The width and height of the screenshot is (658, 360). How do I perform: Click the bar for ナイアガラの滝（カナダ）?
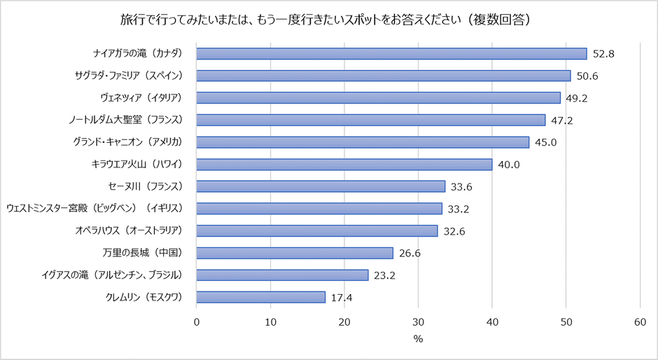click(x=391, y=53)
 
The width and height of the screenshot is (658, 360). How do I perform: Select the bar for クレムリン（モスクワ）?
click(x=261, y=297)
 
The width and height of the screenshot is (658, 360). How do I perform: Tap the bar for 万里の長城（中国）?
click(x=295, y=253)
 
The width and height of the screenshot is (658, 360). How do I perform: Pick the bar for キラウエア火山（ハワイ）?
click(x=344, y=164)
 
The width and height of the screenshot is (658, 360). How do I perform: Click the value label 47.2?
click(x=562, y=120)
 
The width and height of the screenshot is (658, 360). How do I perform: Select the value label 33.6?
click(x=463, y=186)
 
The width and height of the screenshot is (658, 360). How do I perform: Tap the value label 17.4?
click(x=342, y=297)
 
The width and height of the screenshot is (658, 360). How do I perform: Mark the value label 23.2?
click(x=385, y=275)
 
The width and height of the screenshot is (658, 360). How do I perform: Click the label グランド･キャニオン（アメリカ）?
click(x=127, y=142)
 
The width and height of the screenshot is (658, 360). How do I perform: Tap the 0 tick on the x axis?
click(x=197, y=321)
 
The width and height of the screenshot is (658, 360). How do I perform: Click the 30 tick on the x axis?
click(x=419, y=321)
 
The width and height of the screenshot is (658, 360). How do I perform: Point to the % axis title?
click(x=418, y=339)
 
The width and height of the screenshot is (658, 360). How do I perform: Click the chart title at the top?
click(x=329, y=19)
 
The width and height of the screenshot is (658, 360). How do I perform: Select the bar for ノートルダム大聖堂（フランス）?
click(x=371, y=120)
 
